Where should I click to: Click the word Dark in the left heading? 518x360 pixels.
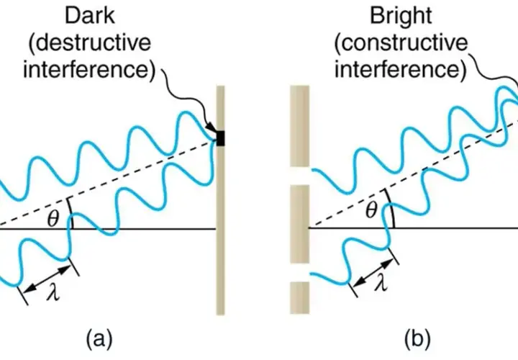coord(90,15)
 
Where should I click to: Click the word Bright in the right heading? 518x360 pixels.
coord(401,16)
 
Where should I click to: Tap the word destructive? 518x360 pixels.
coord(93,42)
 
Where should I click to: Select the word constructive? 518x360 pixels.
coord(404,42)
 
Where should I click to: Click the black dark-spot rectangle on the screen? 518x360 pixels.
coord(221,138)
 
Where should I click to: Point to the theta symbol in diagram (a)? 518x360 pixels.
coord(53,218)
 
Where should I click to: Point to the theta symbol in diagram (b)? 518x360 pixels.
coord(372,210)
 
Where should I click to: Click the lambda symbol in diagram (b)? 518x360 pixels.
coord(381,282)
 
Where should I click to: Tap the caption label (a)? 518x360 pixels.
coord(99,338)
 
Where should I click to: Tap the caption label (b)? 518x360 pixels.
coord(418,338)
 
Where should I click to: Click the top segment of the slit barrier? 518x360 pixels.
coord(299,126)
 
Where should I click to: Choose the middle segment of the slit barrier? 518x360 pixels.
coord(299,224)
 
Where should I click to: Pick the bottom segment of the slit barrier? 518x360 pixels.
coord(299,297)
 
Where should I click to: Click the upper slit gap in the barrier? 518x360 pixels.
coord(299,176)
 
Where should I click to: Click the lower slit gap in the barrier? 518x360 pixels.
coord(299,272)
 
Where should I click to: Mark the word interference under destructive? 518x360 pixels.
coord(89,69)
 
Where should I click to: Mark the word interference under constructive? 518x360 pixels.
coord(401,69)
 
